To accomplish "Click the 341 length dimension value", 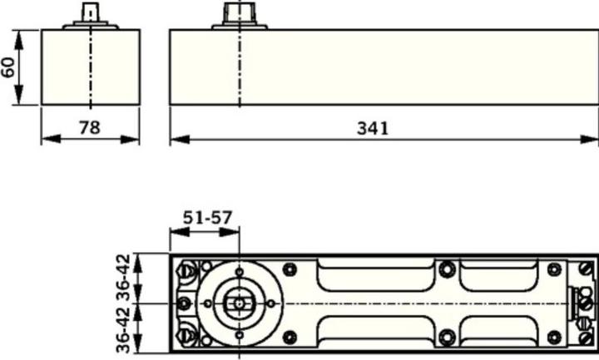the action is pos(373,128).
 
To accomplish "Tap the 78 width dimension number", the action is pos(90,127).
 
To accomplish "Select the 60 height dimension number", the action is pos(8,67).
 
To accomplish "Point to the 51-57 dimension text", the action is pos(207,218).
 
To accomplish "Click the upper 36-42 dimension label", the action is pos(123,278).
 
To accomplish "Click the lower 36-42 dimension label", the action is pos(123,328).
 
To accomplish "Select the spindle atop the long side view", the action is pos(240,13).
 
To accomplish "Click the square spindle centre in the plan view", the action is pos(239,304).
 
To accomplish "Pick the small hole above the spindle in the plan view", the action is pos(239,272).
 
